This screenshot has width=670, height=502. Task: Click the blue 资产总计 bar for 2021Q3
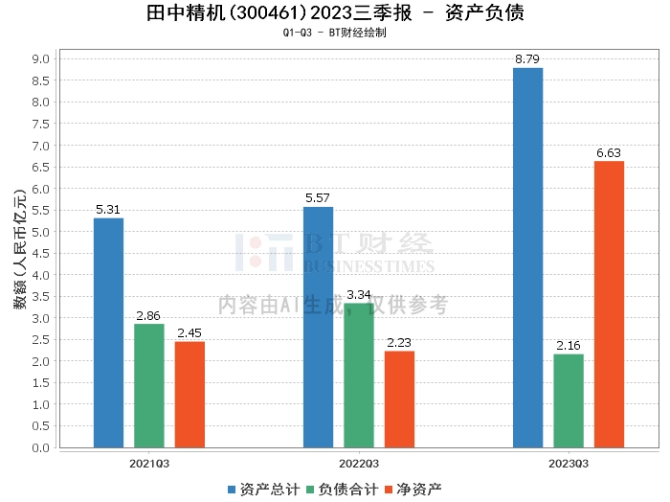[108, 332]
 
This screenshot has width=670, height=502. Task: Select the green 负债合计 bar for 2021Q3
[148, 385]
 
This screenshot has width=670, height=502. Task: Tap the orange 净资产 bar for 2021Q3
[190, 394]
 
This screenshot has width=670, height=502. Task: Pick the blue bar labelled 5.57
[318, 327]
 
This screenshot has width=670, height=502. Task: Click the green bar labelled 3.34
[359, 375]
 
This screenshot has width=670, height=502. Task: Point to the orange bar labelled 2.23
[399, 399]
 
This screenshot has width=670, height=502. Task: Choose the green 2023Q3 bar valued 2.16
[569, 400]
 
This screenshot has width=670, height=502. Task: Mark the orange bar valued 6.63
[609, 304]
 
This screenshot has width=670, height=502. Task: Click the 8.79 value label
[527, 59]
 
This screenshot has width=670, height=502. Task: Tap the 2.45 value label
[190, 333]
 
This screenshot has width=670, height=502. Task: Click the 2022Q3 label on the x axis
[359, 463]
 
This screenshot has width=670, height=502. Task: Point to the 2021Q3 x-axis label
[149, 463]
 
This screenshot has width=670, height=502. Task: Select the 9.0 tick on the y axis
[41, 58]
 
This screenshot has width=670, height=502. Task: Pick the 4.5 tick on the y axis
[41, 253]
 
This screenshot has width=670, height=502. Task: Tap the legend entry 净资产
[413, 489]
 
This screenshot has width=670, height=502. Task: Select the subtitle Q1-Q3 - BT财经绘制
[335, 33]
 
